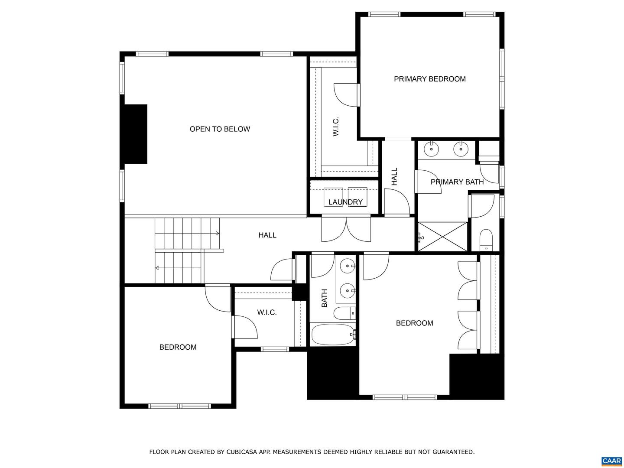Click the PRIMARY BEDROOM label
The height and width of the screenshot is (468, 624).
click(x=429, y=79)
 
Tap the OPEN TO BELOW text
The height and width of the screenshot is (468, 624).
click(x=220, y=129)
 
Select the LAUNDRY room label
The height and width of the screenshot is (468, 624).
click(x=345, y=202)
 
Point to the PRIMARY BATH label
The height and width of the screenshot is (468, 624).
click(x=457, y=182)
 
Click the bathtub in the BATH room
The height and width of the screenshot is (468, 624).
click(x=333, y=334)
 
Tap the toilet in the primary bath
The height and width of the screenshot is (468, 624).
click(x=486, y=240)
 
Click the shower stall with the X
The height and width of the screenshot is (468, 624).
click(x=442, y=237)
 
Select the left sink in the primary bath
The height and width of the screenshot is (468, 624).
click(x=431, y=149)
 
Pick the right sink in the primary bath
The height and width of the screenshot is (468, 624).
click(x=461, y=149)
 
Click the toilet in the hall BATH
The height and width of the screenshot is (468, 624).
click(x=344, y=313)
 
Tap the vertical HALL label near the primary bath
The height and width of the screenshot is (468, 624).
click(x=394, y=176)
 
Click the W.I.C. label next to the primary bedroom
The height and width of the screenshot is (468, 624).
click(x=336, y=126)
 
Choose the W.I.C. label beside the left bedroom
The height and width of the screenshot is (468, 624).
click(x=266, y=312)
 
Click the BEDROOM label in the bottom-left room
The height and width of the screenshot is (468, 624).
click(x=178, y=347)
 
